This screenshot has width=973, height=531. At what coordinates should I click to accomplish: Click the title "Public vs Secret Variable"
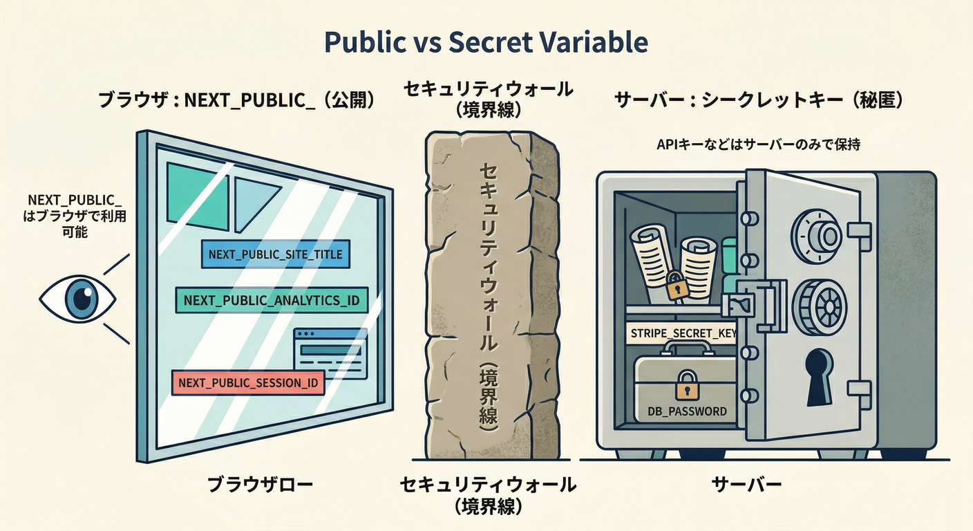click(486, 43)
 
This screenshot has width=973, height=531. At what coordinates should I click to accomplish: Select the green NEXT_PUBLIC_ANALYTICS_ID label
click(272, 299)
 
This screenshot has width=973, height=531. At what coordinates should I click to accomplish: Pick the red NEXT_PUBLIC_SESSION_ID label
click(247, 382)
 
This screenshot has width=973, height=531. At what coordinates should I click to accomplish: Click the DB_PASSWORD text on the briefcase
click(687, 411)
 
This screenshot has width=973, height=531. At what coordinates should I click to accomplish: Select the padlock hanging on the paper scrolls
click(675, 285)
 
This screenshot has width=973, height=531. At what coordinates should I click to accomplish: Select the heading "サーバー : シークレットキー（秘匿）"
click(759, 101)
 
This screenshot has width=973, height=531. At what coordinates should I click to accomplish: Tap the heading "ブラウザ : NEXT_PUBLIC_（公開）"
click(237, 101)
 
